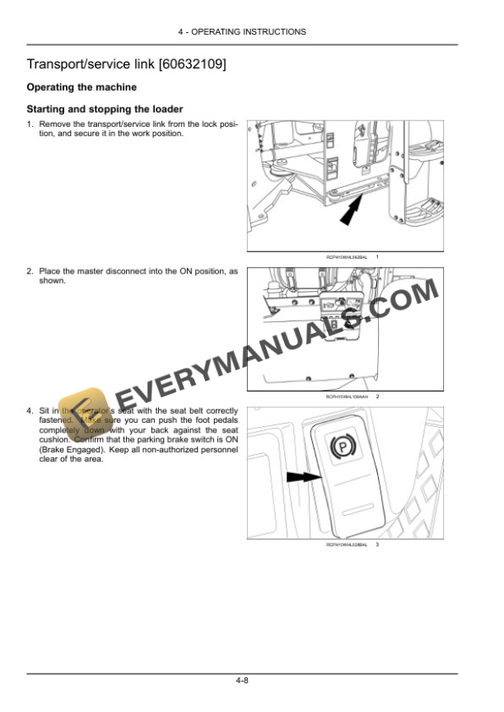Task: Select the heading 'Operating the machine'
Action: (x=82, y=87)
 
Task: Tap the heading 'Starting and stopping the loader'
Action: (x=105, y=109)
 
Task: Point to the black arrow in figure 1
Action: (x=351, y=212)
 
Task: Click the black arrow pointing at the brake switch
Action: (x=302, y=476)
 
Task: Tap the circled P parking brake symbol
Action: (x=340, y=447)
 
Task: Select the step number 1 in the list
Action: (x=30, y=124)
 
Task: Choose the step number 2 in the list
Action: (x=30, y=270)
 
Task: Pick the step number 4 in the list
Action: (x=30, y=410)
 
